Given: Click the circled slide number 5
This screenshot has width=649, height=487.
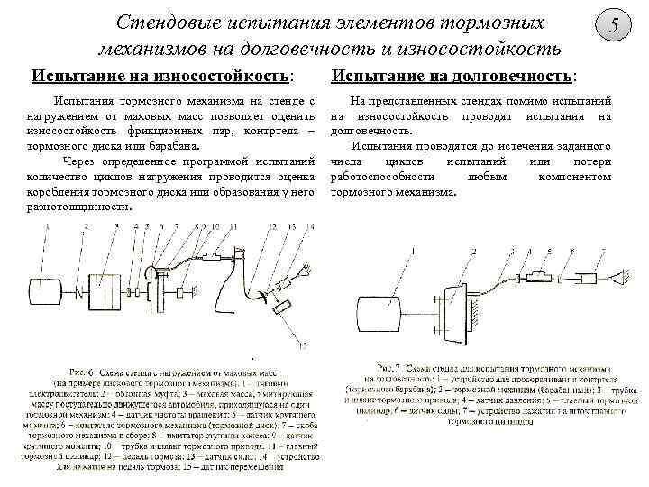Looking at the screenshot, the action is [615, 27].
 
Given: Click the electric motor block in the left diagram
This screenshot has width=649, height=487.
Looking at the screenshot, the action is [46, 292].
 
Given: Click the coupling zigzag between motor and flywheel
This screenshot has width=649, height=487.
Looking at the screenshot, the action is [81, 293].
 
